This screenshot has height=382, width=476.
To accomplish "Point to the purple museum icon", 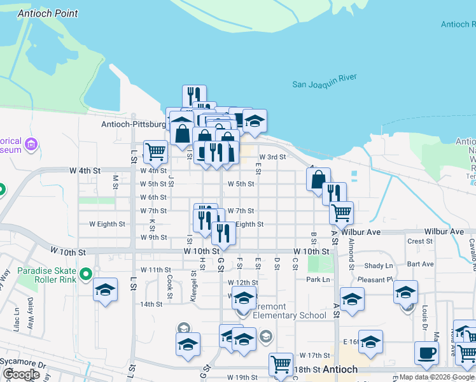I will (x=30, y=146).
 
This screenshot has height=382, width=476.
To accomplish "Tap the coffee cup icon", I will (x=426, y=353).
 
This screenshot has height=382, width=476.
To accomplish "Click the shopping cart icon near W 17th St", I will (x=280, y=364).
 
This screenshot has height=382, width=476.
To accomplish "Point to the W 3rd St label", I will (x=272, y=157).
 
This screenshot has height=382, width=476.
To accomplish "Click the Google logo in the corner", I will (x=21, y=375).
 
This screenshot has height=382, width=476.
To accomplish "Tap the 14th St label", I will (x=151, y=304).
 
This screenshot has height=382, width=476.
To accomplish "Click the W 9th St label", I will (x=153, y=237).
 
